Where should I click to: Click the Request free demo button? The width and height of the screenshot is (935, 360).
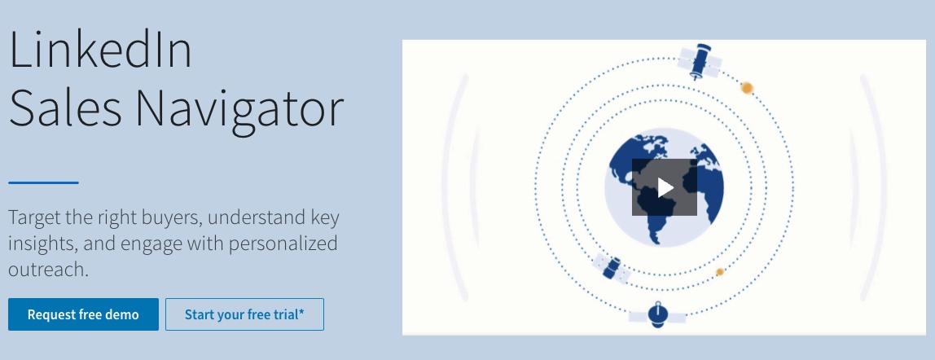pos(83,314)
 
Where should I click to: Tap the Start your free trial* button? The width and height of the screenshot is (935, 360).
pos(244,314)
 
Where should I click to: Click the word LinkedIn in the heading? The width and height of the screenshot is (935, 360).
pos(100,50)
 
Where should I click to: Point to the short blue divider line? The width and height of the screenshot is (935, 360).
pos(43,182)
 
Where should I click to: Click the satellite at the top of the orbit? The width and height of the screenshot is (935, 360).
pos(699,62)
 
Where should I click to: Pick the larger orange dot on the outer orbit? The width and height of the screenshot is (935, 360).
pos(746,87)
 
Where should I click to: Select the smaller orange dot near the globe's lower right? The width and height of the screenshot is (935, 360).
pos(719,272)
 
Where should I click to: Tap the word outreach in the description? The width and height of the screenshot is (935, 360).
pos(46,270)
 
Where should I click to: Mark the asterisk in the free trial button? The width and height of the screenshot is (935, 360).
pos(301,312)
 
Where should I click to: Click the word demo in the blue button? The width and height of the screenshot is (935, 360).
pos(121,314)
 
